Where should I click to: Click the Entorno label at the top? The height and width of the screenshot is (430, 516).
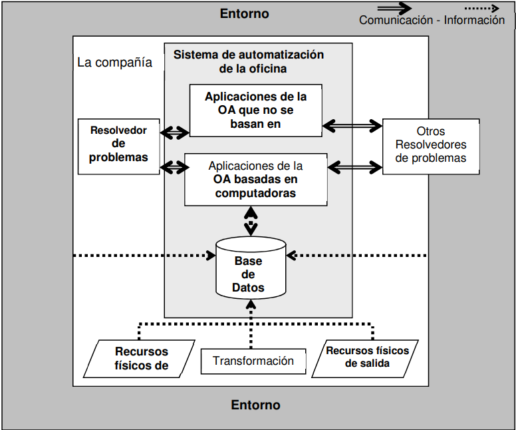pos(244,13)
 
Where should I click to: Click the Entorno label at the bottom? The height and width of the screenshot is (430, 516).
pos(255,405)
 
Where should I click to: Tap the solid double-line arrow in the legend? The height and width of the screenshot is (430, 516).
pos(394,8)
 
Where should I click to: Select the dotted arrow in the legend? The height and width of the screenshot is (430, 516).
pos(482,8)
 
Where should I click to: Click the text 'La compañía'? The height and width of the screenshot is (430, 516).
pos(114,63)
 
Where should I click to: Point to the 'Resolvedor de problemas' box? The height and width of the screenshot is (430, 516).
pos(119,146)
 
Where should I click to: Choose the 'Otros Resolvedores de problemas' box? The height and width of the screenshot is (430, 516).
pos(431,146)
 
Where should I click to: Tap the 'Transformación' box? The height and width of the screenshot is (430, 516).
pos(253,361)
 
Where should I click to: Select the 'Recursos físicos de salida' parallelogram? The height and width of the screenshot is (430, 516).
pos(365,359)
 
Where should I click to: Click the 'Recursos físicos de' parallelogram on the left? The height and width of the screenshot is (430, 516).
pos(139,359)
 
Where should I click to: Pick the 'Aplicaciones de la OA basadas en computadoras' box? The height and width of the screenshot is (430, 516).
pos(256,180)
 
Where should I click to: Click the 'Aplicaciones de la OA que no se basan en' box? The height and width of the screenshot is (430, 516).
pos(256,110)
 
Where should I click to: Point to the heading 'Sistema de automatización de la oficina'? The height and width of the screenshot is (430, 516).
pos(249,61)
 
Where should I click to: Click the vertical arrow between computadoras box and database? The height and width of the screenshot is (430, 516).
pos(251,221)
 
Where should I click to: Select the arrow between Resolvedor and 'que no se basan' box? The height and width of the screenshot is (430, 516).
pos(175,132)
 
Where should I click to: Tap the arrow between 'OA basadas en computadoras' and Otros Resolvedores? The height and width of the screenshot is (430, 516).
pos(355,167)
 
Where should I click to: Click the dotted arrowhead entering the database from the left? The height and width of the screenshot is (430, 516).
pos(211,256)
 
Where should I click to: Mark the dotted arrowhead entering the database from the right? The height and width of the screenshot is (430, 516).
pos(291,256)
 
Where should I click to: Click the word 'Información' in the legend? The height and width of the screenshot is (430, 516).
pos(474,20)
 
